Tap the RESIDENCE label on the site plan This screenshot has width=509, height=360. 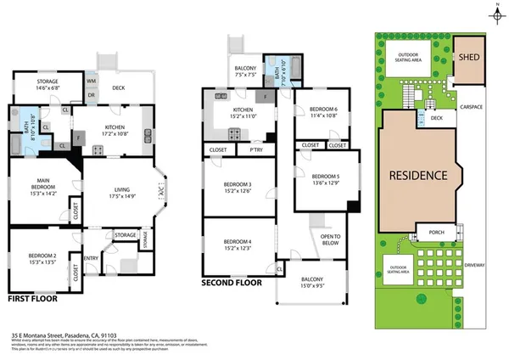pyautogui.click(x=417, y=176)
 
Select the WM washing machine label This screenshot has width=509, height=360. pyautogui.click(x=92, y=81)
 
